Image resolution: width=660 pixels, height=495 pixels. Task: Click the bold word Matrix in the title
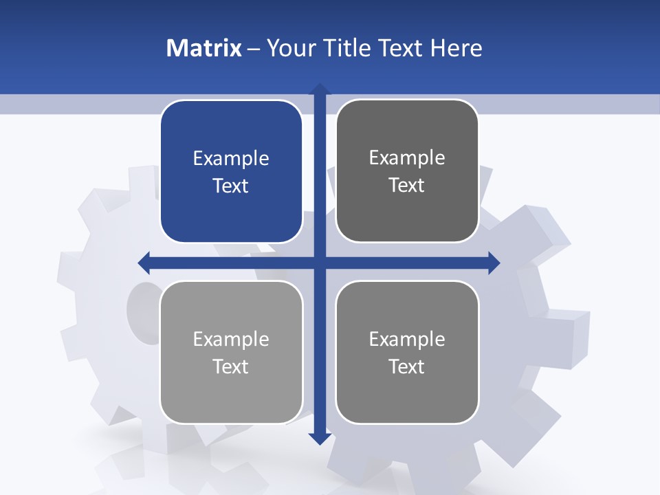pos(204,48)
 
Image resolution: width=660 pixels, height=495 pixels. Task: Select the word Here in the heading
pos(456,48)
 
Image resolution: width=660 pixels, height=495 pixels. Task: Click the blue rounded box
pos(231,213)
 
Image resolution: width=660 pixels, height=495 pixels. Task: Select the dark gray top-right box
pos(407,213)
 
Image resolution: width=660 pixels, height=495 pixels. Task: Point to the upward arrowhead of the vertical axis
pos(320,89)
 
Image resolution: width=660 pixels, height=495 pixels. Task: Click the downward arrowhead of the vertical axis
pos(320,438)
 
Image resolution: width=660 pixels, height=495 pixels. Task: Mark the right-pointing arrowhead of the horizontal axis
pos(494,262)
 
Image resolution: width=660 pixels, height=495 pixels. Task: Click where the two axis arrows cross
pos(320,262)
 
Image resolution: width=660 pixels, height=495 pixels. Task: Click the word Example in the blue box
pos(231,159)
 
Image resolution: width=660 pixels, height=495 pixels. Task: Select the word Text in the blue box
pos(231,186)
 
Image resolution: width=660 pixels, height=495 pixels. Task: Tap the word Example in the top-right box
pos(407,158)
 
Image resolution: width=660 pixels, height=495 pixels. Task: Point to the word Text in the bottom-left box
pos(231,366)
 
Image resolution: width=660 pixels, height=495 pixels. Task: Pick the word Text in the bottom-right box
pos(407,366)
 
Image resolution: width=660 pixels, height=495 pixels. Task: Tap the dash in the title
pos(254,49)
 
